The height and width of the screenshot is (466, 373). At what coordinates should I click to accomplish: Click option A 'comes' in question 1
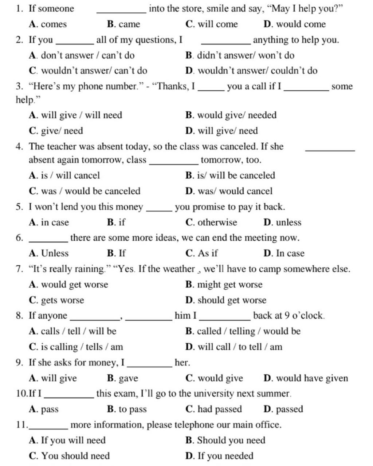pos(48,24)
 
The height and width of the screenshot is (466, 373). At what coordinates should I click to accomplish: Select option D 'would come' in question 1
pos(294,24)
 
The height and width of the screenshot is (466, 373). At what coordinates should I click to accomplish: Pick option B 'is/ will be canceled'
pos(230,175)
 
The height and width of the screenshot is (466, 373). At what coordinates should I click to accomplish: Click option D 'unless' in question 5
pos(282,222)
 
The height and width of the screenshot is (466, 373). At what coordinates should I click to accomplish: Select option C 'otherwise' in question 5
pos(211,222)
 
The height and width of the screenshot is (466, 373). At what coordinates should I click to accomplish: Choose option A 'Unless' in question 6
pos(49,253)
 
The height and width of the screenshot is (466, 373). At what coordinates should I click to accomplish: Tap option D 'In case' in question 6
pos(284,253)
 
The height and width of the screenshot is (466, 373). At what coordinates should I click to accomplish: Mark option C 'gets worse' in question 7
pos(56,300)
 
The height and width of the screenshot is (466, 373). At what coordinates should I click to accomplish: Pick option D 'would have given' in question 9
pos(306,378)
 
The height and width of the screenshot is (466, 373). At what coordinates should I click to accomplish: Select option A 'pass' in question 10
pos(44,409)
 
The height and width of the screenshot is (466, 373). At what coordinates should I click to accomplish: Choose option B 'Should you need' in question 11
pos(225,441)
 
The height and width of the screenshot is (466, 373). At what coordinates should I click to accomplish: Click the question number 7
pos(19,269)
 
